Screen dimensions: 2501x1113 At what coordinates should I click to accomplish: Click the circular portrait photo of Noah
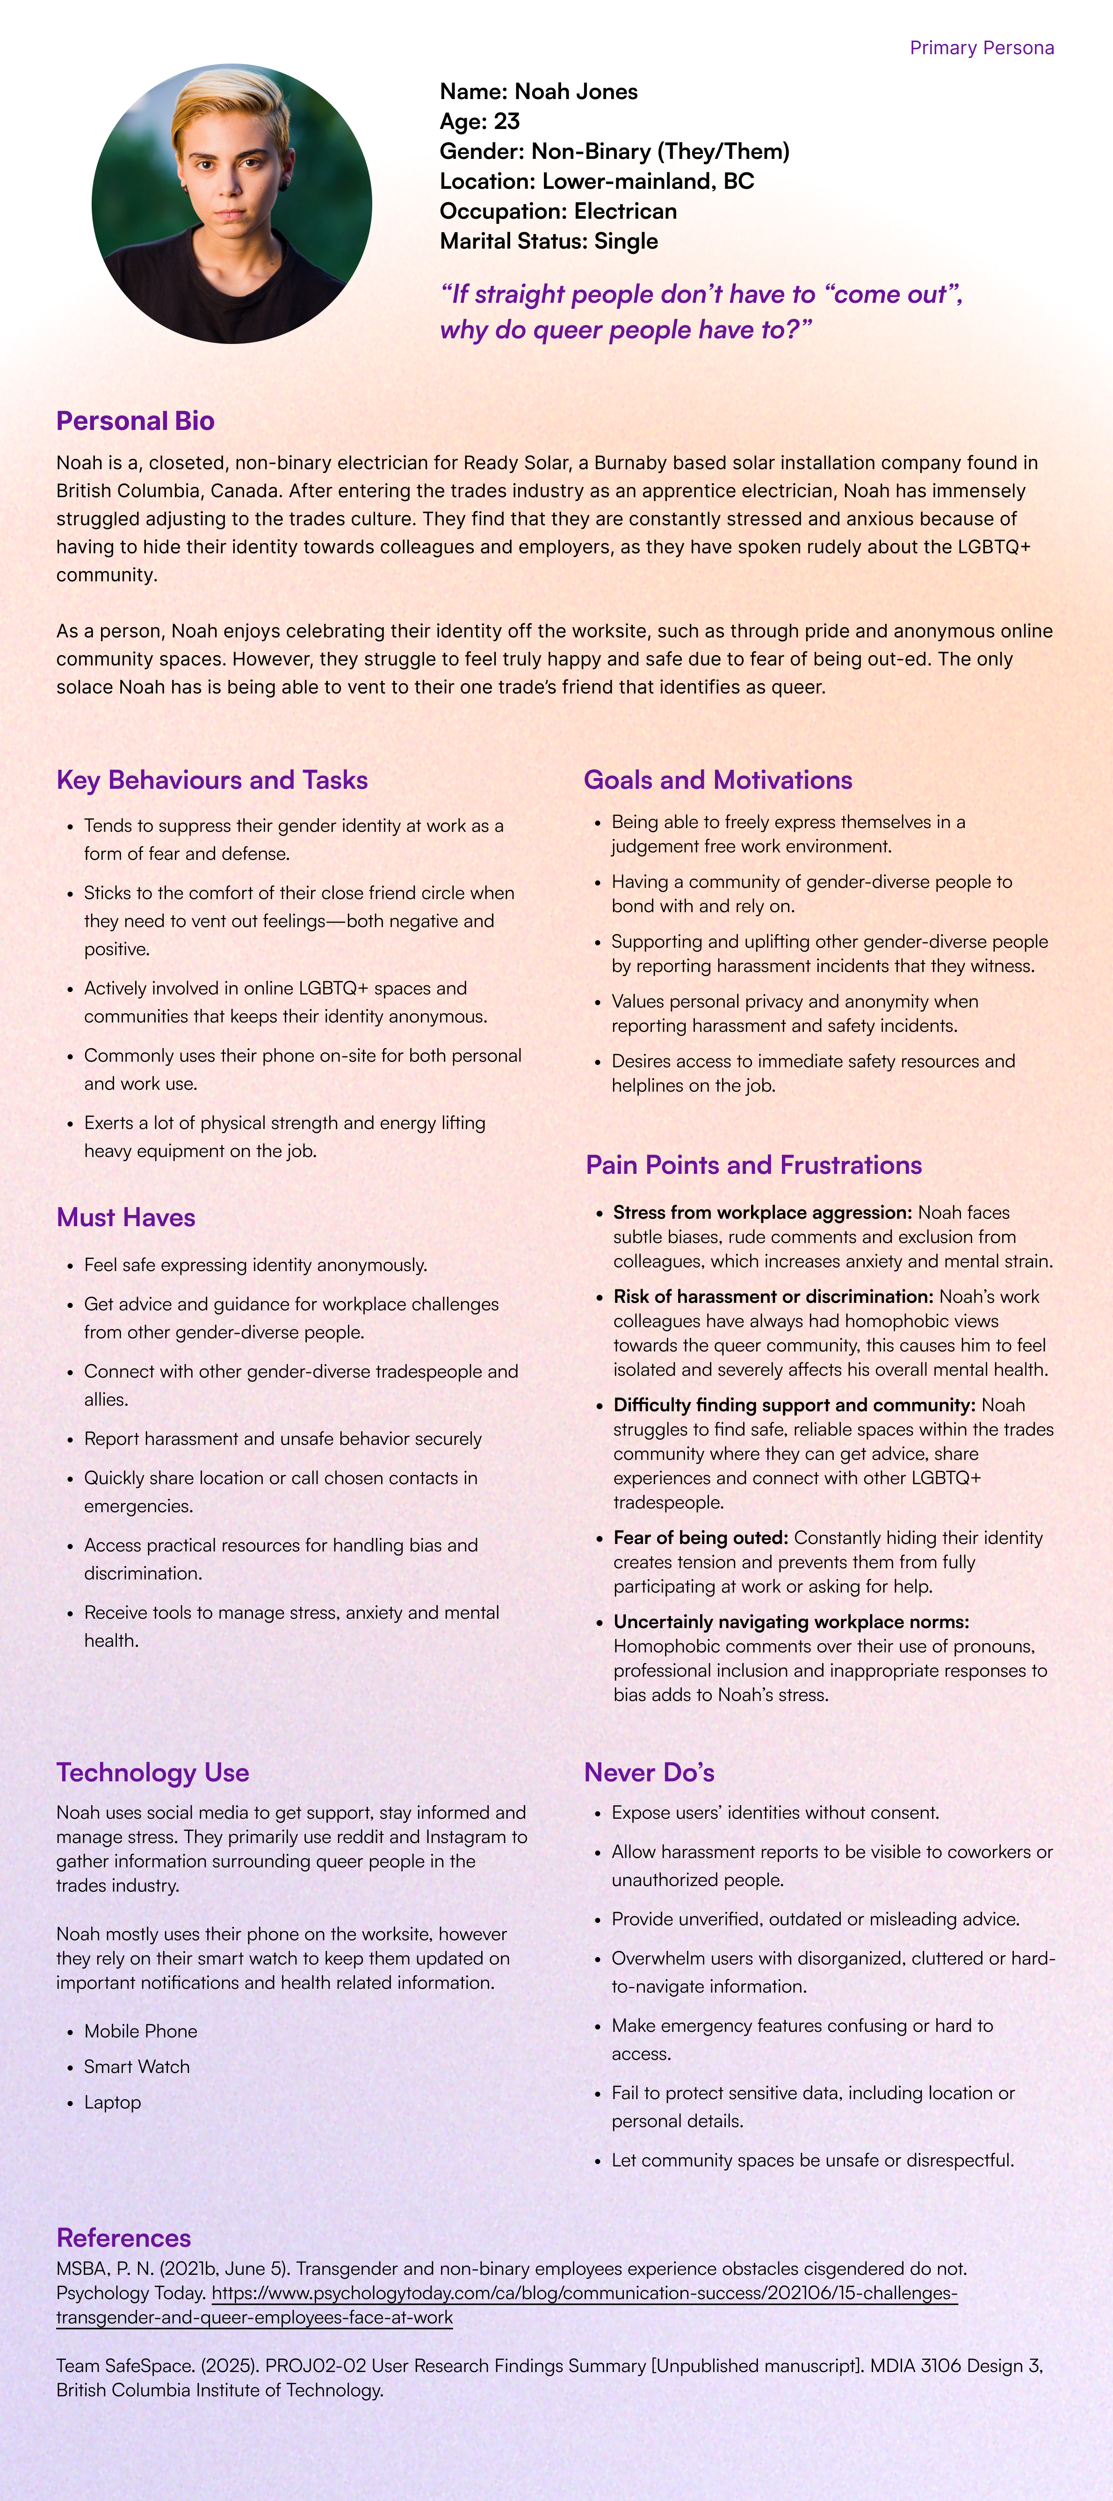[x=232, y=204]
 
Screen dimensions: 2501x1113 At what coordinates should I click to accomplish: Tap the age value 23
[x=506, y=121]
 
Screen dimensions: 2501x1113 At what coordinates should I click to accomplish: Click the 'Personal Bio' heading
[x=135, y=421]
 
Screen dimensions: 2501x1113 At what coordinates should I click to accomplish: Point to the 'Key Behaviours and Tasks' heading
[x=212, y=779]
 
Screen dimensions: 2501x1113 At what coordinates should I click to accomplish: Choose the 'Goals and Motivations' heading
[x=718, y=779]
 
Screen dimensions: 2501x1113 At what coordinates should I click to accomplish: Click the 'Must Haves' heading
[x=125, y=1217]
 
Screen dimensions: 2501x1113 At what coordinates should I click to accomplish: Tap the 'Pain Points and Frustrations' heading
[x=754, y=1165]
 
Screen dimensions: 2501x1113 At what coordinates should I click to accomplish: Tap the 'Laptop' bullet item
[x=113, y=2102]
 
